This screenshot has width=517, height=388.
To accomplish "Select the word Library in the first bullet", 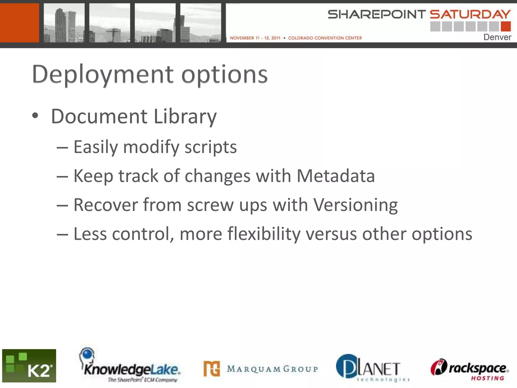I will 185,117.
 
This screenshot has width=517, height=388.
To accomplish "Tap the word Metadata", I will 335,176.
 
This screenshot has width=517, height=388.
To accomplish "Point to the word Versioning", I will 355,205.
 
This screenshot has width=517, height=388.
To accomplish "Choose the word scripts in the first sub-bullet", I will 211,147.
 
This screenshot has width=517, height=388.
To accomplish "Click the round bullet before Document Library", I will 35,116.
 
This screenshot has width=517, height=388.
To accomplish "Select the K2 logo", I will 29,366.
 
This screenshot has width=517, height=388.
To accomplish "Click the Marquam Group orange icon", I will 212,369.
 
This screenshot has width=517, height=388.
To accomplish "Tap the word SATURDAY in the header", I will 470,14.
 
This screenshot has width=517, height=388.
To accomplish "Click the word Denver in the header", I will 497,37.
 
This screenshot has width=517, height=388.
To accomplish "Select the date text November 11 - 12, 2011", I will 255,38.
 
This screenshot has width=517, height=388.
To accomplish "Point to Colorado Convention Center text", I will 325,38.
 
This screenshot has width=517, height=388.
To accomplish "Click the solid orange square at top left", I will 19,23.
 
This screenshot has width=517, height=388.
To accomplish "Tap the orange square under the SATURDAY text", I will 506,27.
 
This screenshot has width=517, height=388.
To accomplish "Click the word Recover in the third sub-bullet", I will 106,205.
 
